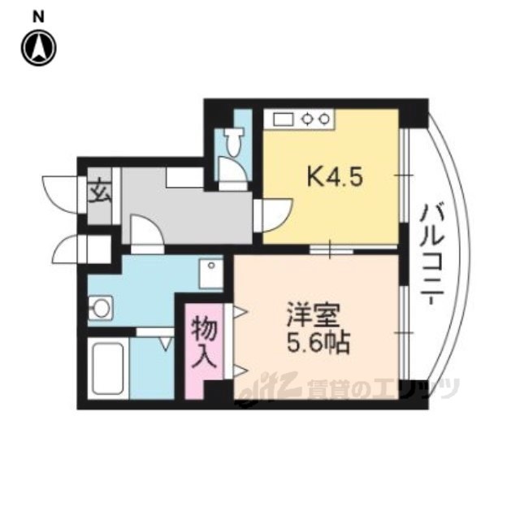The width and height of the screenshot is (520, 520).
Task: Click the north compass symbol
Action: (x=39, y=48)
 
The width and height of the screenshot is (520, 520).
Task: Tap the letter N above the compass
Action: (x=38, y=17)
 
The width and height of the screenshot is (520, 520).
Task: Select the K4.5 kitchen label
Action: (x=335, y=177)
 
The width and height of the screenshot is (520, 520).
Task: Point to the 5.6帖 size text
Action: (x=318, y=342)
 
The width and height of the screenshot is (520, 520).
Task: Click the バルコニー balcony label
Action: (x=431, y=254)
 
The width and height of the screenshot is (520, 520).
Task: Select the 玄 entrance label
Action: (x=99, y=193)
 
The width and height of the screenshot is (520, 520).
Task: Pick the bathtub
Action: (x=108, y=368)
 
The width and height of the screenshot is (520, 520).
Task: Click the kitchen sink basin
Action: (x=284, y=119)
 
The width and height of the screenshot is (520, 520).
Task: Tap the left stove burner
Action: (x=309, y=119)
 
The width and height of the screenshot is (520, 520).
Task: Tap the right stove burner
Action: (x=324, y=119)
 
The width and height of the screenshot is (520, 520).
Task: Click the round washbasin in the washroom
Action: (x=101, y=308)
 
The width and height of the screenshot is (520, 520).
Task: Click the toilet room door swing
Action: (x=233, y=169)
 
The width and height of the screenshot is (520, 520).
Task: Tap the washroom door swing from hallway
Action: (x=147, y=230)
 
